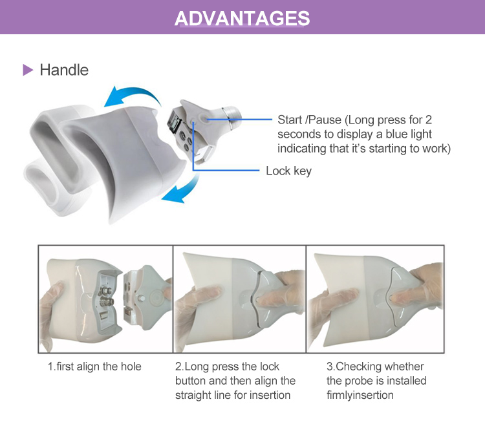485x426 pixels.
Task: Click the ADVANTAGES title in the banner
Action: coord(242,18)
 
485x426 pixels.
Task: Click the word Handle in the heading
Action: coord(64,70)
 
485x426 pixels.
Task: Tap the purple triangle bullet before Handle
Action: coord(27,70)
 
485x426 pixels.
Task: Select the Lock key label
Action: coord(288,171)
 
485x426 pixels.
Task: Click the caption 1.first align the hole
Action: coord(94,367)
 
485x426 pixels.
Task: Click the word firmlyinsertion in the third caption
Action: coord(361,395)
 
